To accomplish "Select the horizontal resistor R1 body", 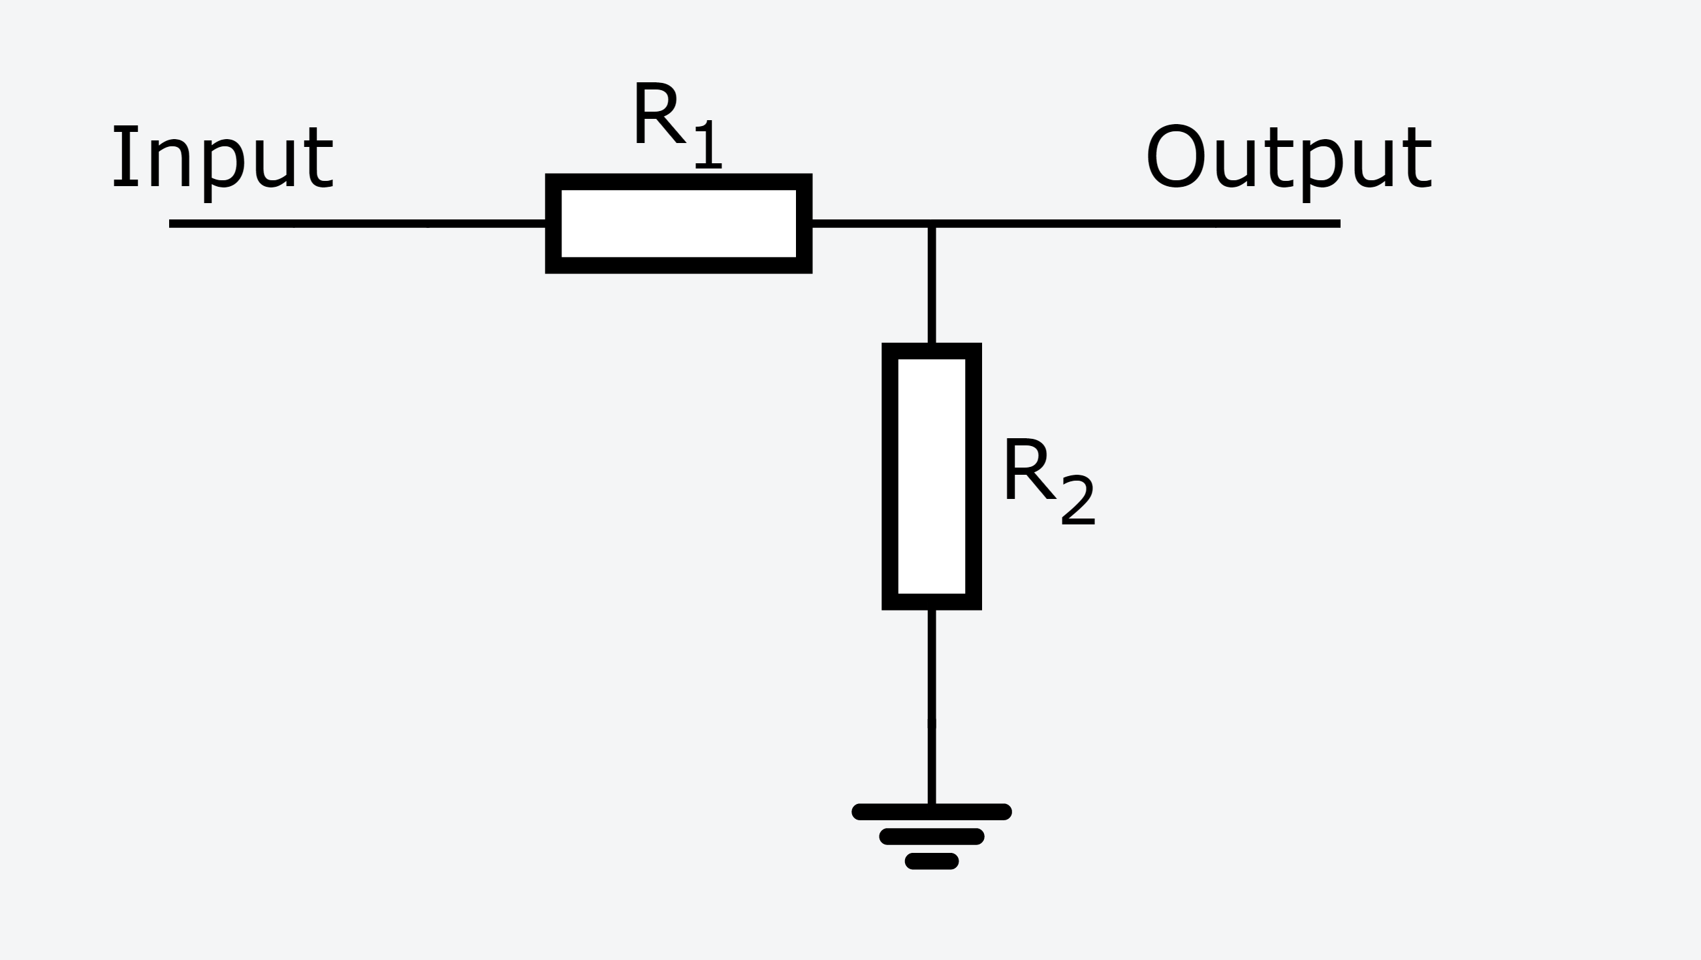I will tap(678, 223).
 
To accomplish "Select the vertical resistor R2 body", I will tap(931, 476).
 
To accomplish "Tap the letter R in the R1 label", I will tap(657, 113).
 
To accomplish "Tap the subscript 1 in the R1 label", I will tap(708, 144).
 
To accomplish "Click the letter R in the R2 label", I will tap(1028, 470).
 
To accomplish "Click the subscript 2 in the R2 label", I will tap(1077, 501).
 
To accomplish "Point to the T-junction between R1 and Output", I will tap(931, 224).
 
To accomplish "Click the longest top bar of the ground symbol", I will tap(931, 812).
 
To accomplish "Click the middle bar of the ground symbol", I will tap(931, 837).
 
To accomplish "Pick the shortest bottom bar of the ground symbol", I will tap(931, 861).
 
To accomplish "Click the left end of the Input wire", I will tap(172, 224).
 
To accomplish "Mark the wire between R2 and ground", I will tap(931, 707).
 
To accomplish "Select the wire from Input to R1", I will tap(357, 224).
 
